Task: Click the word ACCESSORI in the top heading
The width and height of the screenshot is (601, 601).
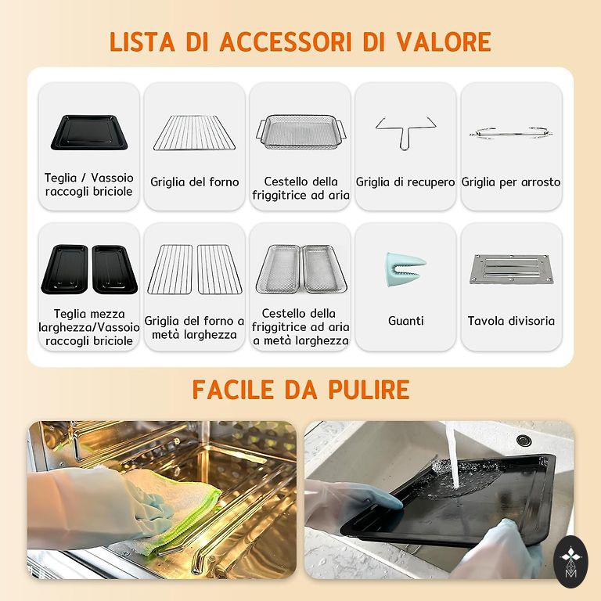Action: pos(286,41)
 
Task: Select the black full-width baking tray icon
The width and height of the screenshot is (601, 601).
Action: pos(89,132)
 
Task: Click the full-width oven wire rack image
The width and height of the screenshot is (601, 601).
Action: pos(194,132)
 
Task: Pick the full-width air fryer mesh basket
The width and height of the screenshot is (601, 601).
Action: pos(300,131)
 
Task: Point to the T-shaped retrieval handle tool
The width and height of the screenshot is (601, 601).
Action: pos(405,132)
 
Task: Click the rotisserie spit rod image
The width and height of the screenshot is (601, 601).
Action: pos(511,133)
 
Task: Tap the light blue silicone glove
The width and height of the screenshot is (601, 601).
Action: pos(405,269)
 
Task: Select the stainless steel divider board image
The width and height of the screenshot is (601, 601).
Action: pos(511,269)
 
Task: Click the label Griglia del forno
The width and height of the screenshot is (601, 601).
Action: pos(194,182)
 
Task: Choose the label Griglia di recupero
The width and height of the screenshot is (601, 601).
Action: pos(405,182)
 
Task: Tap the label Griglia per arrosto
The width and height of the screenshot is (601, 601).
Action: pos(511,182)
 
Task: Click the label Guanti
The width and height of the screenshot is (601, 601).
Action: pos(405,320)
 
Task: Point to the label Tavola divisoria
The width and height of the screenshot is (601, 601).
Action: pos(511,320)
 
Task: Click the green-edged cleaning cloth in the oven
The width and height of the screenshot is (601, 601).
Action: pos(172,506)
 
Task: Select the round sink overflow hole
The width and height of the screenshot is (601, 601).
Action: pos(524,440)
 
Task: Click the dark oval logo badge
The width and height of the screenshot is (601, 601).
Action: pos(570,562)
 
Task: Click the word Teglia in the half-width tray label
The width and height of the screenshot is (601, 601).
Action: pos(69,314)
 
